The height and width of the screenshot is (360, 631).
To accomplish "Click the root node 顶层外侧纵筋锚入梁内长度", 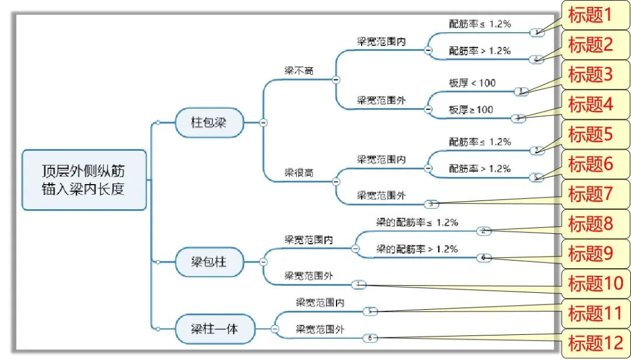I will pos(84,179).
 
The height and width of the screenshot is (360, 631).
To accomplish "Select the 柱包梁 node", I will pos(209,123).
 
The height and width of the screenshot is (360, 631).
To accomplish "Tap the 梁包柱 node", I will pos(209,263).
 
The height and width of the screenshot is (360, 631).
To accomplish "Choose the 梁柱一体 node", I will pos(215,328).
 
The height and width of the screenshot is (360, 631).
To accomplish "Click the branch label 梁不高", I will pos(299,70).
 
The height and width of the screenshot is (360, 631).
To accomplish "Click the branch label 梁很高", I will pos(299,173).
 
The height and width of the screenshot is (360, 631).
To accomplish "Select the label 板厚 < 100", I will pos(472,83).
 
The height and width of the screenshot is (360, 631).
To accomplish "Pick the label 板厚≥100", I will pos(471,109).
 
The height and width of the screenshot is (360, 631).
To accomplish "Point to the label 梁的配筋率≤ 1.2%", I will pos(417,222).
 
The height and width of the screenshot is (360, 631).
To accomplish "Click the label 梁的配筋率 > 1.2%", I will pos(417,249).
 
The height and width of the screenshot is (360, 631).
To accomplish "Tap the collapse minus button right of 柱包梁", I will pos(263,123).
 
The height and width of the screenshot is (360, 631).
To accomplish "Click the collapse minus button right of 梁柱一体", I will pos(274,329).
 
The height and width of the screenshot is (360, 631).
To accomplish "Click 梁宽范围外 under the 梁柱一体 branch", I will pos(320,330).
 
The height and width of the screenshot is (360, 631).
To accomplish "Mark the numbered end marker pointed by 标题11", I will pos(370,311).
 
